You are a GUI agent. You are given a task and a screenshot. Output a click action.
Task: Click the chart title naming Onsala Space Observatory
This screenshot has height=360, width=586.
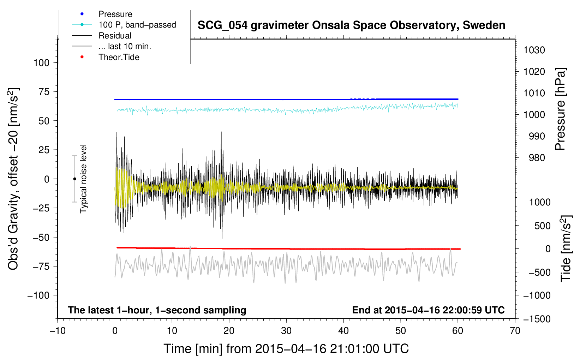pos(351,25)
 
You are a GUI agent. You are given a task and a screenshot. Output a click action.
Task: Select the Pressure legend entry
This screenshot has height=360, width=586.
pos(115,14)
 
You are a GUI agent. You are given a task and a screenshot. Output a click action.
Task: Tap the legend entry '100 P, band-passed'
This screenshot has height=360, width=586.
pos(137,25)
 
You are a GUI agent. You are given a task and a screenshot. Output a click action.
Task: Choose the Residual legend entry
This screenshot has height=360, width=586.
pos(115,36)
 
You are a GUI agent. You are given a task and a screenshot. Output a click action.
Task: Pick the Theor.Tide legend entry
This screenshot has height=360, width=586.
pos(119,57)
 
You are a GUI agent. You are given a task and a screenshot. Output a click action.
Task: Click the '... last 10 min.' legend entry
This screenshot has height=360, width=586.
pos(125,47)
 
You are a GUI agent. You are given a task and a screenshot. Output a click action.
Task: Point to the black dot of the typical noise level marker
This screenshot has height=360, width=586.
pos(74,179)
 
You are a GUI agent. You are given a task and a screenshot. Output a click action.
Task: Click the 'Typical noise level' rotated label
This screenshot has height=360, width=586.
pos(83,179)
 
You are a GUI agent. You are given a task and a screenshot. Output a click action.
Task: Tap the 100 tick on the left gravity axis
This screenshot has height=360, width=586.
pos(41,63)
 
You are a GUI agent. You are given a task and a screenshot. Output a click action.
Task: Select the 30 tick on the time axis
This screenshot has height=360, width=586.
pos(286,331)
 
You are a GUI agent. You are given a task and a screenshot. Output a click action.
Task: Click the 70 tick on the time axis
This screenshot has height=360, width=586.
pos(515,331)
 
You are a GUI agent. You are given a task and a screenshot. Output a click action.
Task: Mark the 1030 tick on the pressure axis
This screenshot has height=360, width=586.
pos(534,50)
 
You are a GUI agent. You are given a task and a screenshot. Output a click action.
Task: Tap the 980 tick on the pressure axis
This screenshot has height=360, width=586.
pos(537,158)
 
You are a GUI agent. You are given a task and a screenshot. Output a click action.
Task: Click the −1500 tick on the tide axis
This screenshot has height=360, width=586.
pos(537,319)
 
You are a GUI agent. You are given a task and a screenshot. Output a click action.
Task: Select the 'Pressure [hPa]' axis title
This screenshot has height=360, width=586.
pos(560,109)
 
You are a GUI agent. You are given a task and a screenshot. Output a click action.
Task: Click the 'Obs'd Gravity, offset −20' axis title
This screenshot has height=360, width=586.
pos(13,179)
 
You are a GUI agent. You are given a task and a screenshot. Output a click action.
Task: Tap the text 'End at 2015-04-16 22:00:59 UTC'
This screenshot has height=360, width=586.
pos(428,310)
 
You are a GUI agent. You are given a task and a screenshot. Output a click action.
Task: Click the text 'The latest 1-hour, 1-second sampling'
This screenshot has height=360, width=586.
pos(157,310)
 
